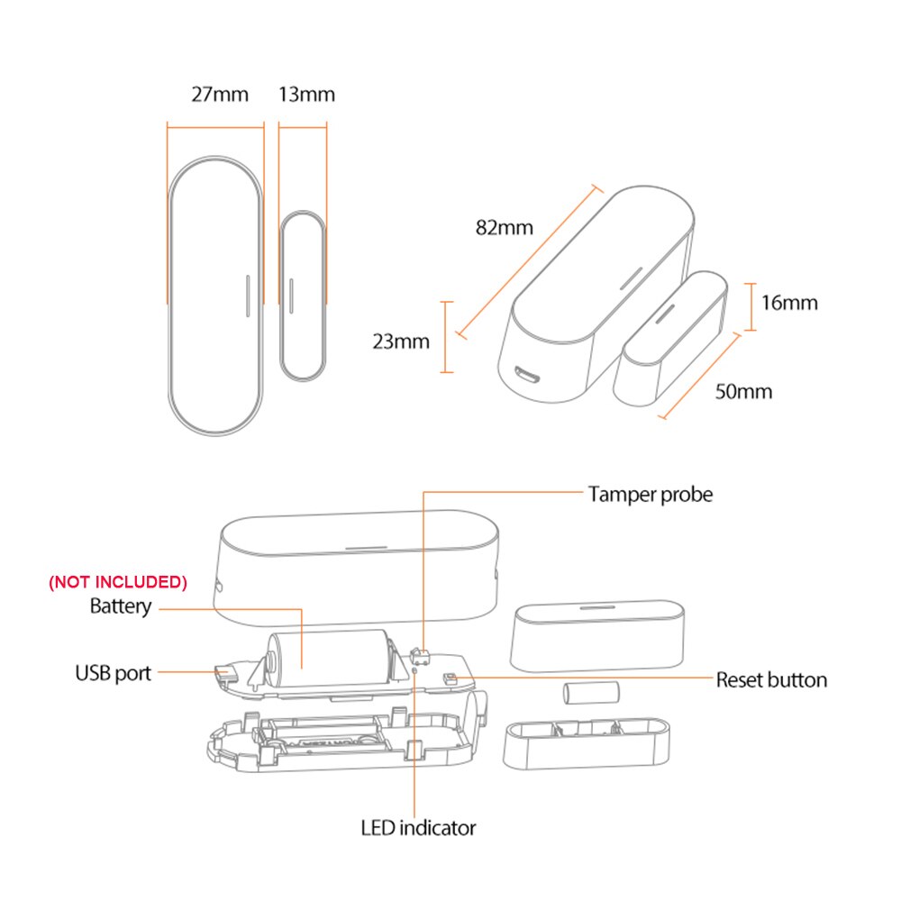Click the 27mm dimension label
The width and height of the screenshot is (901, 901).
click(x=219, y=94)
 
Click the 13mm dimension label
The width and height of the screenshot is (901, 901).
click(x=306, y=94)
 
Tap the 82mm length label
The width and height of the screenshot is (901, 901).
click(x=505, y=227)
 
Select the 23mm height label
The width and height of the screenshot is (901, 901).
click(x=401, y=341)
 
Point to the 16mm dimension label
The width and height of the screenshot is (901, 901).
click(x=789, y=302)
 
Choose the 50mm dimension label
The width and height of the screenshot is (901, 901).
click(x=743, y=391)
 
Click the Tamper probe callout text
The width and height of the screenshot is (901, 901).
click(x=650, y=494)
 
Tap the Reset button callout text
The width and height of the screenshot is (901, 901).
click(x=771, y=679)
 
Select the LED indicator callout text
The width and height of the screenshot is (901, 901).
click(x=418, y=827)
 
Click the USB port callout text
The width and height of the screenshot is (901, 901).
click(x=114, y=672)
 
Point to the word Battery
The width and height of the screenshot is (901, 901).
click(x=121, y=606)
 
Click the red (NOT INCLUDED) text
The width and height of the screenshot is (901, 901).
click(x=118, y=582)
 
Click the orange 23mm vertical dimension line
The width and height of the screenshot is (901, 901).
click(x=445, y=336)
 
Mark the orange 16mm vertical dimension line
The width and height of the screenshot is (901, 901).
click(x=752, y=305)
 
